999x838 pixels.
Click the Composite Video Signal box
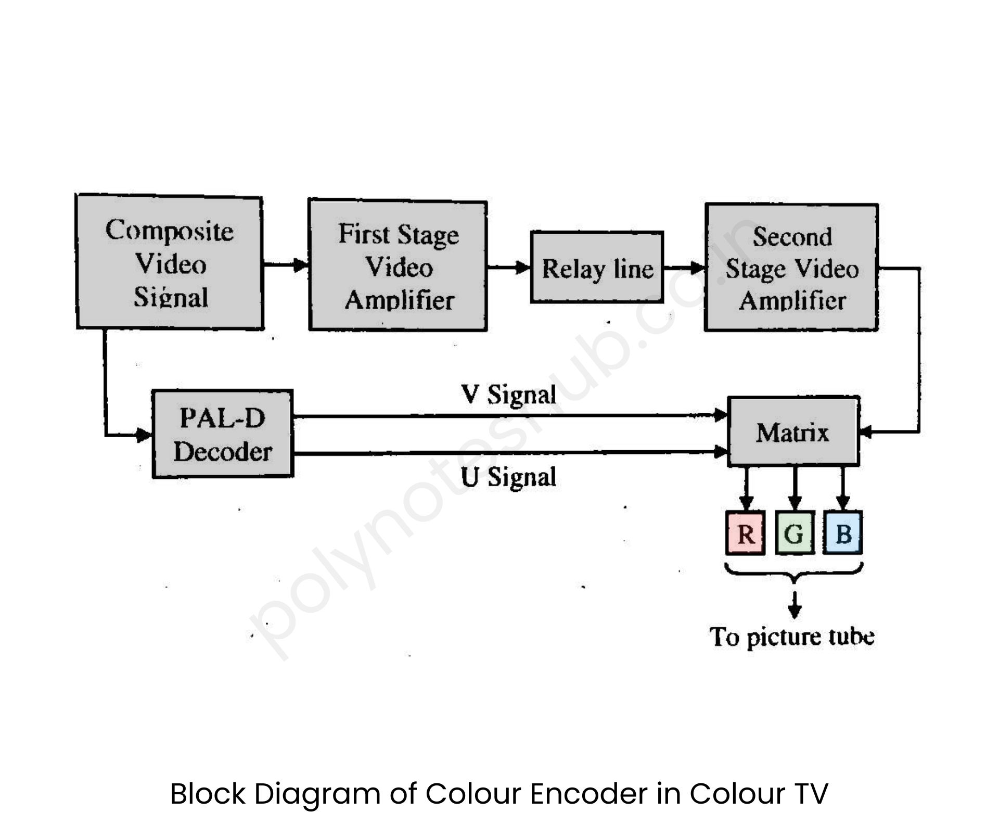point(170,262)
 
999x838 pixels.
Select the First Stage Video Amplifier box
point(398,265)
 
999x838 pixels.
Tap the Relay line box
point(597,268)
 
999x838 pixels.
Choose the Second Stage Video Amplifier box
point(791,268)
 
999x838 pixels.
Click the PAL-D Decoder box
point(223,434)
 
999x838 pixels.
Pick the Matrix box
point(793,431)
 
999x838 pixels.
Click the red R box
point(745,533)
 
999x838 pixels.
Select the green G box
point(794,533)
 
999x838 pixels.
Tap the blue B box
point(843,533)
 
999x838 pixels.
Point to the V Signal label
point(508,394)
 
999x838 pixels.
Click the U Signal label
point(508,477)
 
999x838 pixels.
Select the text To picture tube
point(791,637)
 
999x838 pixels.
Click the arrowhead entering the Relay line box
point(522,268)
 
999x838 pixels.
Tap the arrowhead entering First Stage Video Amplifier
point(301,265)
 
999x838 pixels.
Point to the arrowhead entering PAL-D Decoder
point(144,435)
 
